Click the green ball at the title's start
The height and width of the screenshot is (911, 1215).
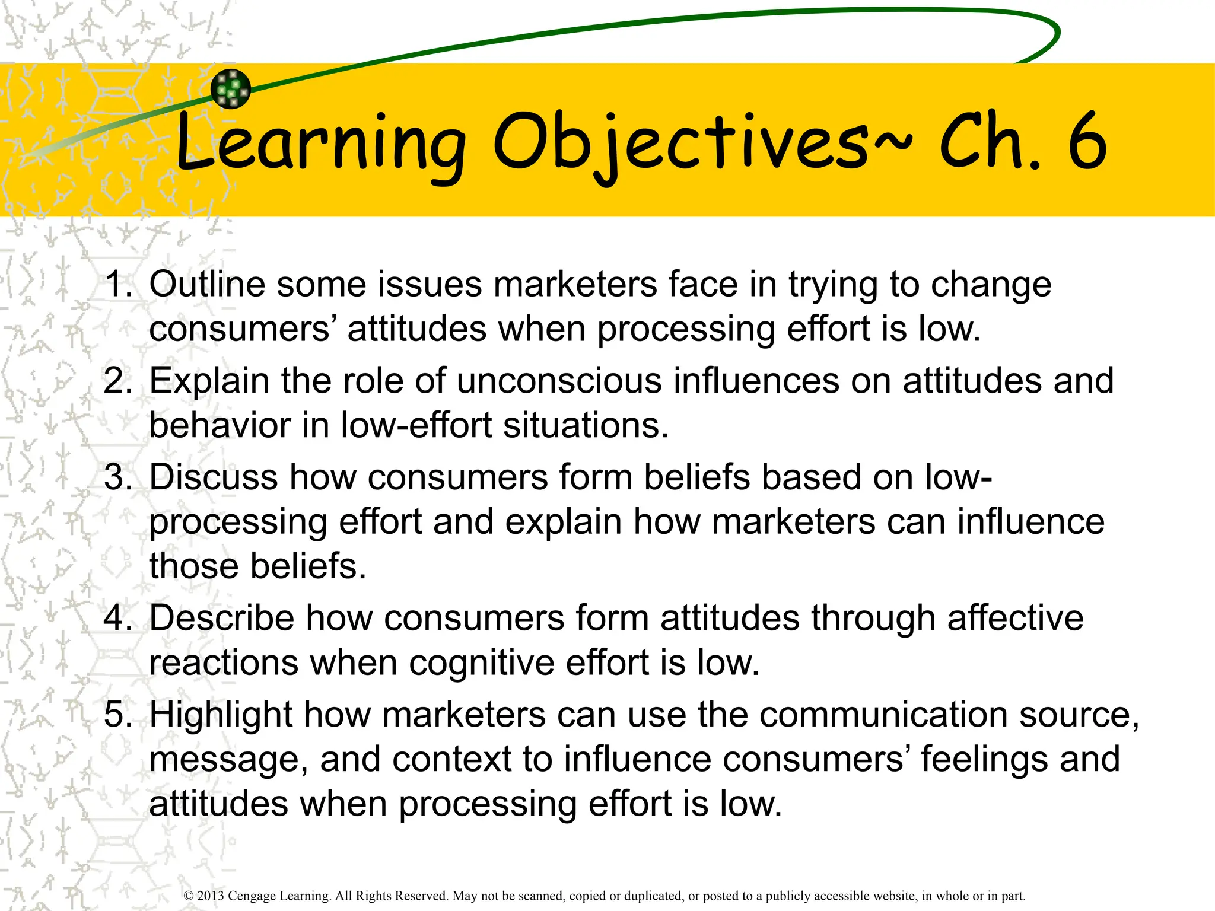pos(231,89)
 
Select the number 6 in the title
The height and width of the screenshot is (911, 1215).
pos(1087,142)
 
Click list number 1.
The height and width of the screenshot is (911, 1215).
pos(118,284)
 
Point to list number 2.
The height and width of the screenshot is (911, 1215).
pos(118,381)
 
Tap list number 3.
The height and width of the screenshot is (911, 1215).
pos(118,477)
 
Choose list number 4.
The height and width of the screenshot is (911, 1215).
pos(118,618)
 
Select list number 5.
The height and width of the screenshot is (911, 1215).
pos(118,715)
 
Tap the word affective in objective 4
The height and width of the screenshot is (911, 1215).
pos(1015,618)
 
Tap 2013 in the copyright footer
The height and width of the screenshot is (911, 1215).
pos(211,896)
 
